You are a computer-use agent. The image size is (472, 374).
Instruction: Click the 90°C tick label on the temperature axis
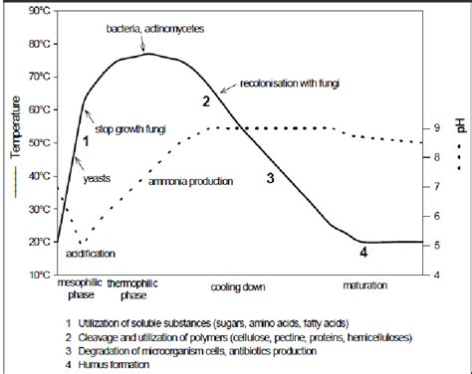(x=40, y=11)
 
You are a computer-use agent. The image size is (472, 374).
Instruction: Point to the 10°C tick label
(x=40, y=274)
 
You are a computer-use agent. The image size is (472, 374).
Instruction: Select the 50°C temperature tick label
(x=40, y=143)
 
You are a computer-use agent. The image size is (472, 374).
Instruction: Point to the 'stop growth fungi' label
(x=129, y=129)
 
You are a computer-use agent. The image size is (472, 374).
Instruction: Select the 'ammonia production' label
(x=190, y=182)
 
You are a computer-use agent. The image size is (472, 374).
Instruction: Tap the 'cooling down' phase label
(x=238, y=286)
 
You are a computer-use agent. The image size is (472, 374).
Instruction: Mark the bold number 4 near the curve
(x=363, y=253)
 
